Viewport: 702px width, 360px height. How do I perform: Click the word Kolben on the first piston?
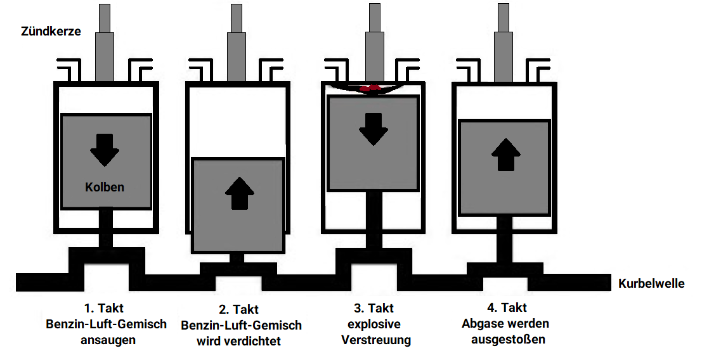(105, 187)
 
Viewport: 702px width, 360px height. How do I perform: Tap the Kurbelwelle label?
(651, 283)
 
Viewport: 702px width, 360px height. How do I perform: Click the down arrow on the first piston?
(105, 150)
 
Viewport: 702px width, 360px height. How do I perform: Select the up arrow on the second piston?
(239, 193)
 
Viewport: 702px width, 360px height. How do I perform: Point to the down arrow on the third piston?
(374, 129)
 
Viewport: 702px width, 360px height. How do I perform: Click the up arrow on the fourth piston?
(505, 154)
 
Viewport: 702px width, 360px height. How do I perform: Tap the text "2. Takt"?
(238, 310)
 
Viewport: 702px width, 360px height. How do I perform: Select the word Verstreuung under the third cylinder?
(376, 340)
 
